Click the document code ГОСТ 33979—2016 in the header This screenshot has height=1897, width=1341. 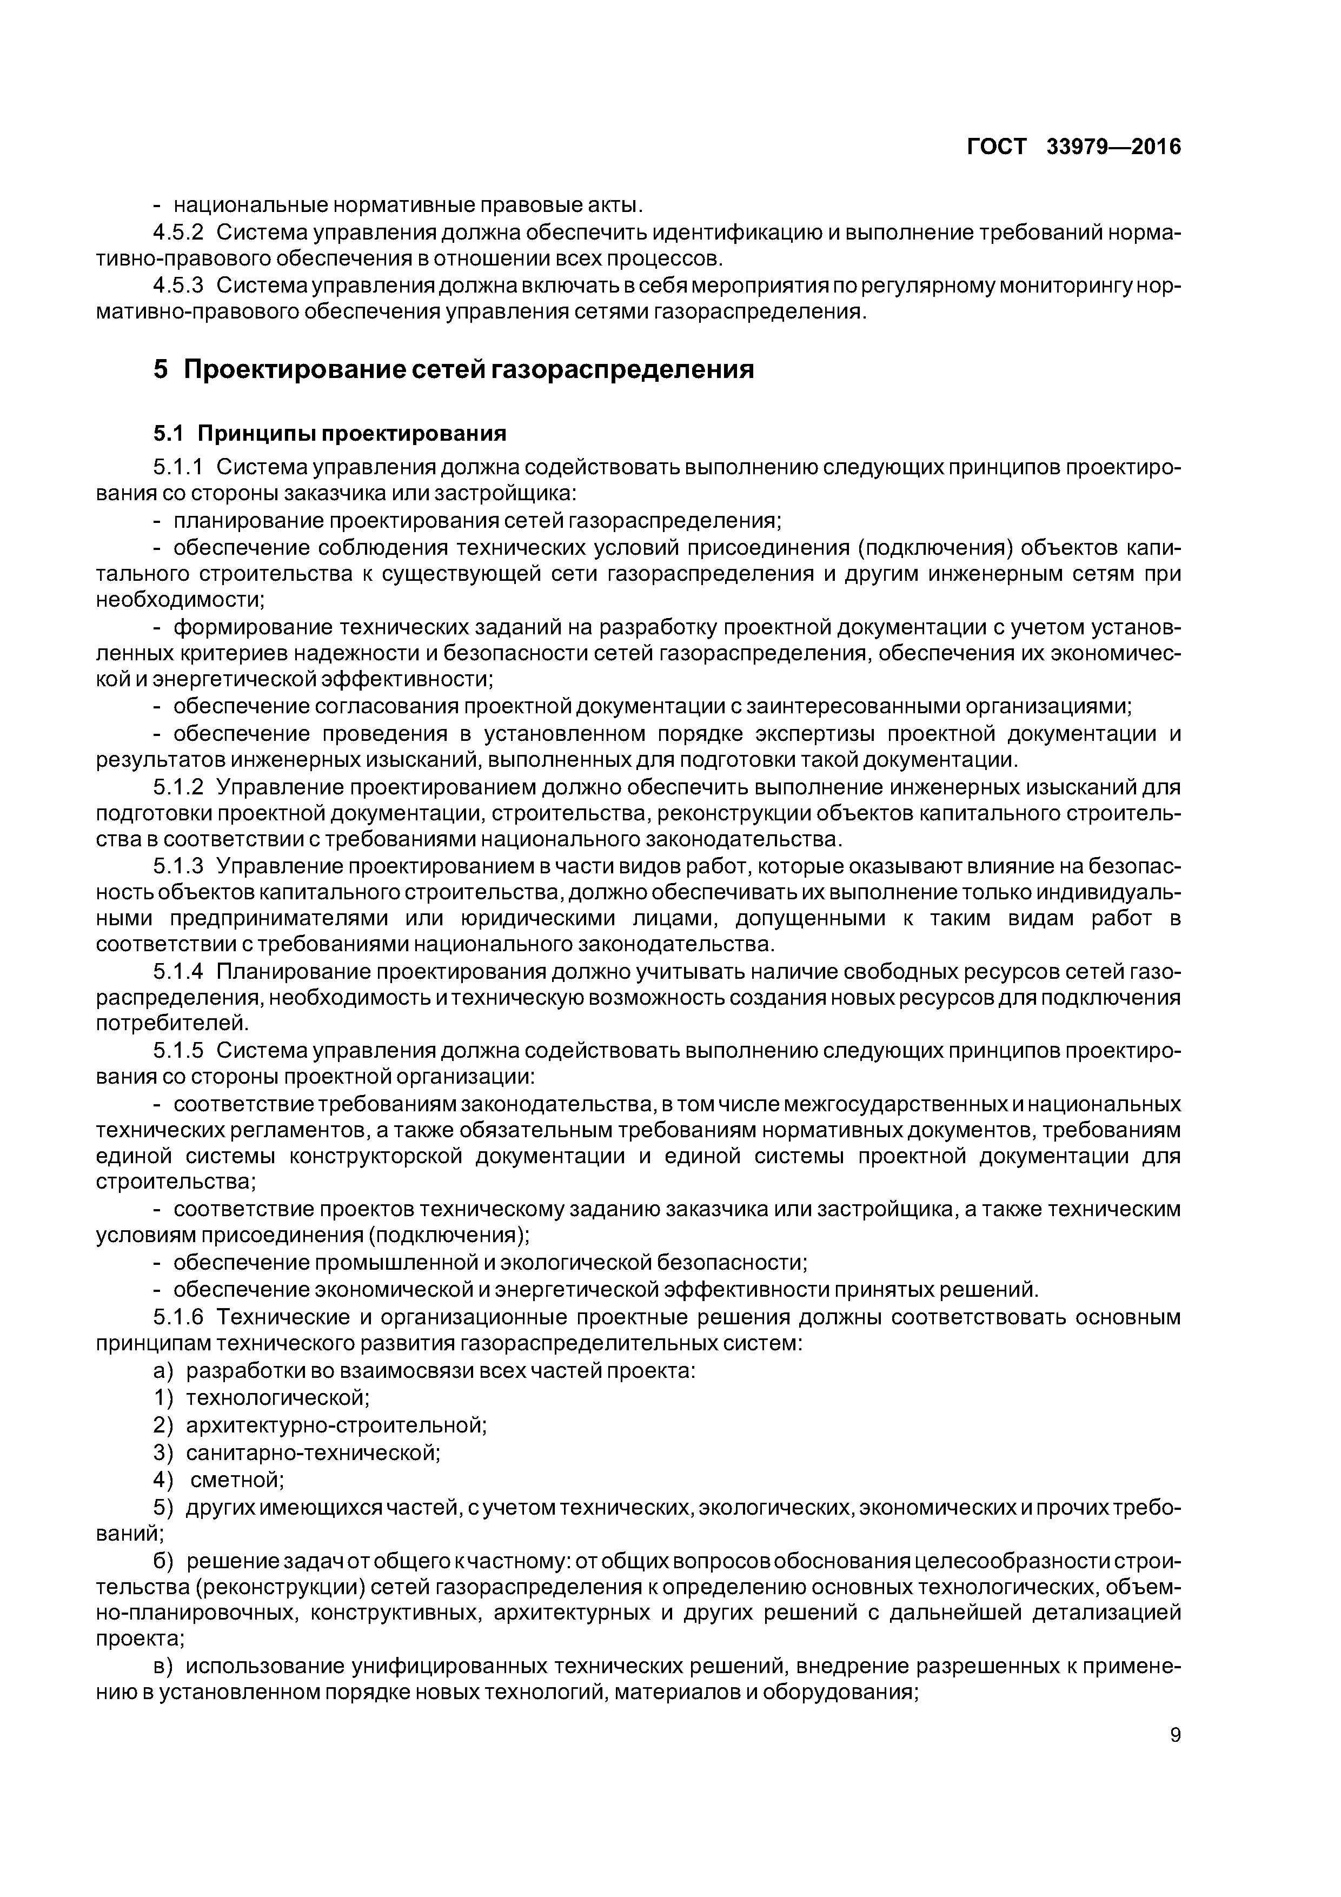click(x=1073, y=147)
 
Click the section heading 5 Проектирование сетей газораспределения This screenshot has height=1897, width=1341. click(x=454, y=369)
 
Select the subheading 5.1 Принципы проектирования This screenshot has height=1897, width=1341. click(x=330, y=433)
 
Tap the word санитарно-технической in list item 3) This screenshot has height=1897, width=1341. click(x=313, y=1451)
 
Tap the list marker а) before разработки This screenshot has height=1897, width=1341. click(x=164, y=1371)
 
